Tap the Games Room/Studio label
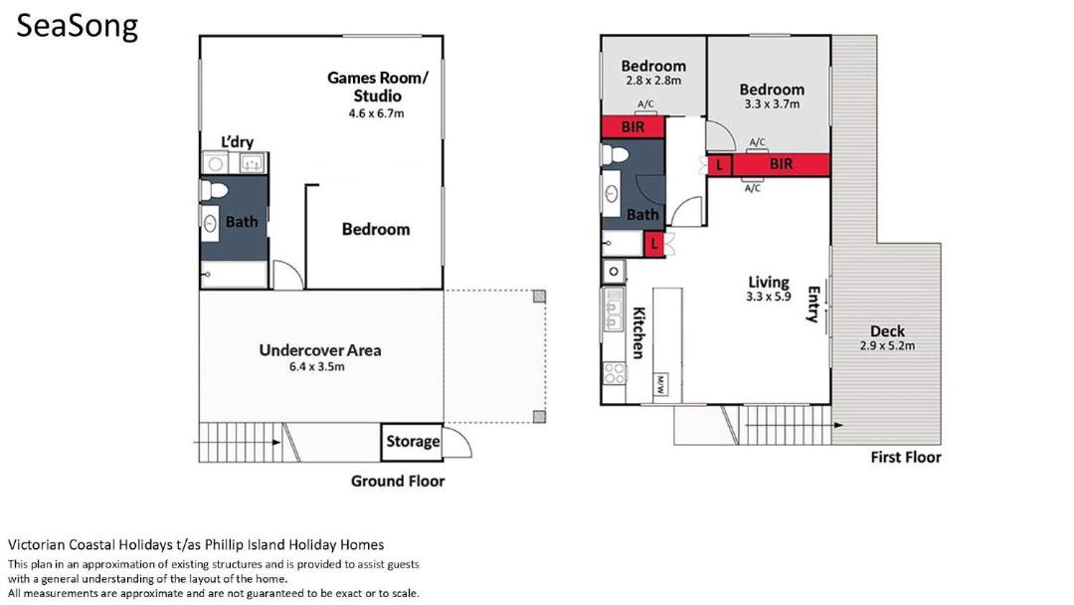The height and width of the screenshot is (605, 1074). (378, 87)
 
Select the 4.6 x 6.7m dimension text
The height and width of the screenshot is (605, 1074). (376, 113)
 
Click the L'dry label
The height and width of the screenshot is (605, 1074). (237, 142)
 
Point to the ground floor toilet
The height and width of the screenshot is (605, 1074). (214, 190)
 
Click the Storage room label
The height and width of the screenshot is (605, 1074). (413, 441)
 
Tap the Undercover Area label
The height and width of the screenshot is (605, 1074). (320, 350)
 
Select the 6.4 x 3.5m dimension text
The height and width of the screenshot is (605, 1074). (316, 367)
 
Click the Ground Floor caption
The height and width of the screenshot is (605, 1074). (397, 481)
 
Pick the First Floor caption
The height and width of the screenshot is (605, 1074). (906, 457)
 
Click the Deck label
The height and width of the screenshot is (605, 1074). (887, 331)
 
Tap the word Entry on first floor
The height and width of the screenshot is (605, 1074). (813, 304)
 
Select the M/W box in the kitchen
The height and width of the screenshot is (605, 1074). (660, 385)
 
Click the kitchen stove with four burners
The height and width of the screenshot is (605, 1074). (615, 373)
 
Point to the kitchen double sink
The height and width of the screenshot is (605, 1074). (613, 310)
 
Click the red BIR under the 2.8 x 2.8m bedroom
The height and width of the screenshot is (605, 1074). (632, 127)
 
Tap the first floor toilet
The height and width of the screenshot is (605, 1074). (616, 154)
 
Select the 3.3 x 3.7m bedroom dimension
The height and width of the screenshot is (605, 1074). (772, 104)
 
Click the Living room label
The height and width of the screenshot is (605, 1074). (769, 282)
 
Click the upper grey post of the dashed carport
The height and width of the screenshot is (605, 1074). (540, 296)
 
